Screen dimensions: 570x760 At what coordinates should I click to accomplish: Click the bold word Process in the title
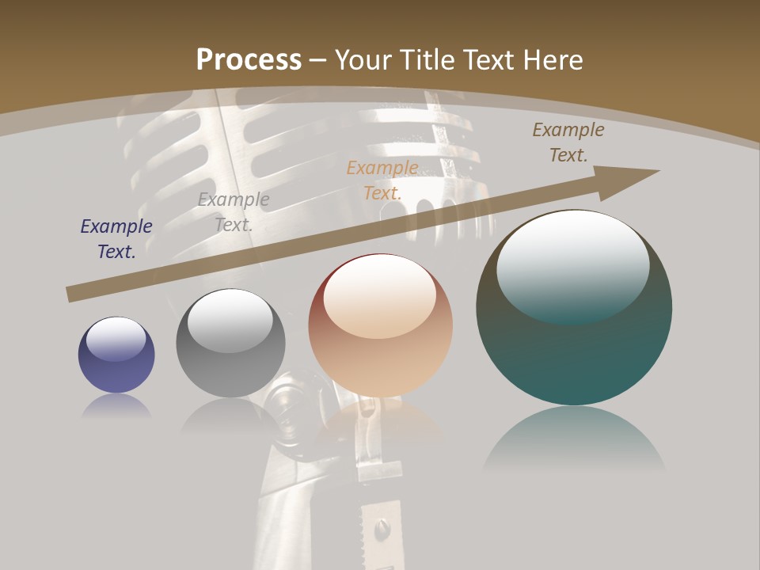coord(249,59)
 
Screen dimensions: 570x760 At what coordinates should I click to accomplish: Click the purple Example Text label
coord(116,238)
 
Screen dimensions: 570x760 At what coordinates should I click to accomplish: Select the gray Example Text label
coord(234,211)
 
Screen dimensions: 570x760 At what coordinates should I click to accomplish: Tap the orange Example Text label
coord(382,180)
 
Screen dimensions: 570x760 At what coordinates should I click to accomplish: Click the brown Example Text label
coord(568,142)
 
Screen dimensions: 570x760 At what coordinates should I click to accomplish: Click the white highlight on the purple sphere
coord(116,339)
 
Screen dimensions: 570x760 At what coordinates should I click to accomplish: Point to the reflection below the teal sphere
coord(574,439)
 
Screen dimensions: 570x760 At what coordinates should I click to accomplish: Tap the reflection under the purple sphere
coord(116,406)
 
